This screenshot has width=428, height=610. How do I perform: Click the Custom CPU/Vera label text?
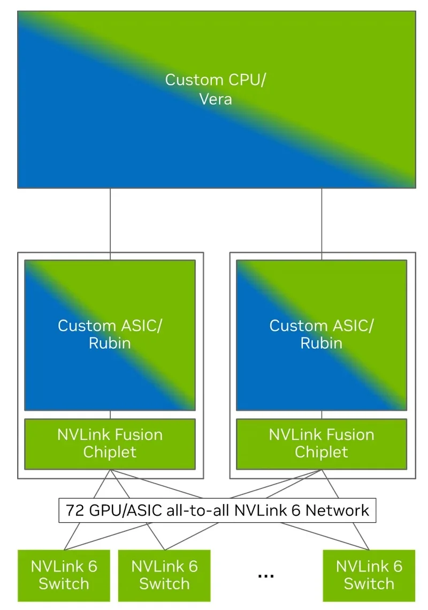coord(216,89)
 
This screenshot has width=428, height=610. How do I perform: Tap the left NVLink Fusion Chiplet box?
coord(110,443)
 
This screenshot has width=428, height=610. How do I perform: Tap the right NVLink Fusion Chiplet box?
coord(322,443)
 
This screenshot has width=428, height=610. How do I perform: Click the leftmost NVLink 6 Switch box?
coord(64,575)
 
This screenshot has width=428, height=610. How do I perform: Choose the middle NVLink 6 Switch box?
coord(164,575)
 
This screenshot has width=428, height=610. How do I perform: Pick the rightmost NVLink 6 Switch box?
coord(369,575)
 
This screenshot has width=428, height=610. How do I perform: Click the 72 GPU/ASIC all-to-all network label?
coord(217,510)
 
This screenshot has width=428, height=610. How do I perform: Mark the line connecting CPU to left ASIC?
coord(110,220)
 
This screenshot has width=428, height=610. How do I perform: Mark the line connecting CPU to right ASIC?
coord(322,220)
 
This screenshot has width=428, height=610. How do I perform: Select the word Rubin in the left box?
coord(110,343)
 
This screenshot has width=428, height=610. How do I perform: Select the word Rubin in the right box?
coord(322,343)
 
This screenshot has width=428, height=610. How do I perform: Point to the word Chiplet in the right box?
coord(322,452)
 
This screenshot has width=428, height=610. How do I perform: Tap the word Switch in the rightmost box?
coord(369,584)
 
